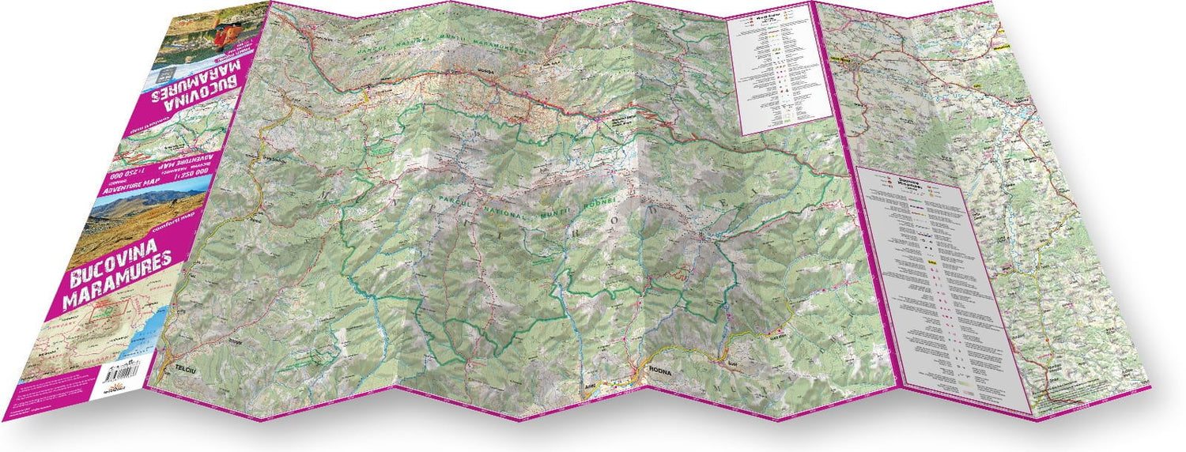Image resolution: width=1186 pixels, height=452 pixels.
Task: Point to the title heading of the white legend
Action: point(768,14)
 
